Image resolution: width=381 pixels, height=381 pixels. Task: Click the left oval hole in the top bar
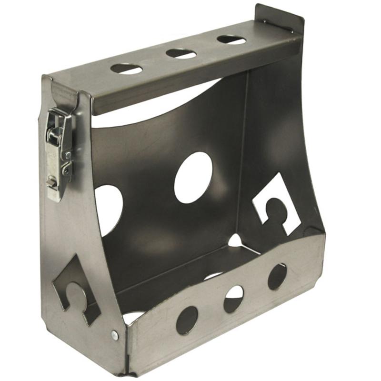pyautogui.click(x=127, y=69)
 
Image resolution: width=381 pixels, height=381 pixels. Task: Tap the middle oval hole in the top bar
pyautogui.click(x=181, y=53)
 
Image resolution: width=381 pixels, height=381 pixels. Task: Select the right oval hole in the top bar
pyautogui.click(x=231, y=40)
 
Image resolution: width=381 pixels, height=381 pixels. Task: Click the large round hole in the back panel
pyautogui.click(x=193, y=177)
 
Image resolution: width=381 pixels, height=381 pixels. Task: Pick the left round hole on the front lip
pyautogui.click(x=187, y=320)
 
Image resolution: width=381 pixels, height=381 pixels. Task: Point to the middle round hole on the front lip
pyautogui.click(x=233, y=299)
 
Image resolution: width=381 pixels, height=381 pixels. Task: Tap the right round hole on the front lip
pyautogui.click(x=277, y=276)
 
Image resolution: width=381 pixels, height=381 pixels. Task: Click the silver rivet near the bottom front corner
pyautogui.click(x=115, y=335)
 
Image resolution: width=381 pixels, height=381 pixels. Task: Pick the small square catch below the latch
pyautogui.click(x=50, y=181)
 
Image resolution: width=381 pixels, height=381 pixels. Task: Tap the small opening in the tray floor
pyautogui.click(x=235, y=241)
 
